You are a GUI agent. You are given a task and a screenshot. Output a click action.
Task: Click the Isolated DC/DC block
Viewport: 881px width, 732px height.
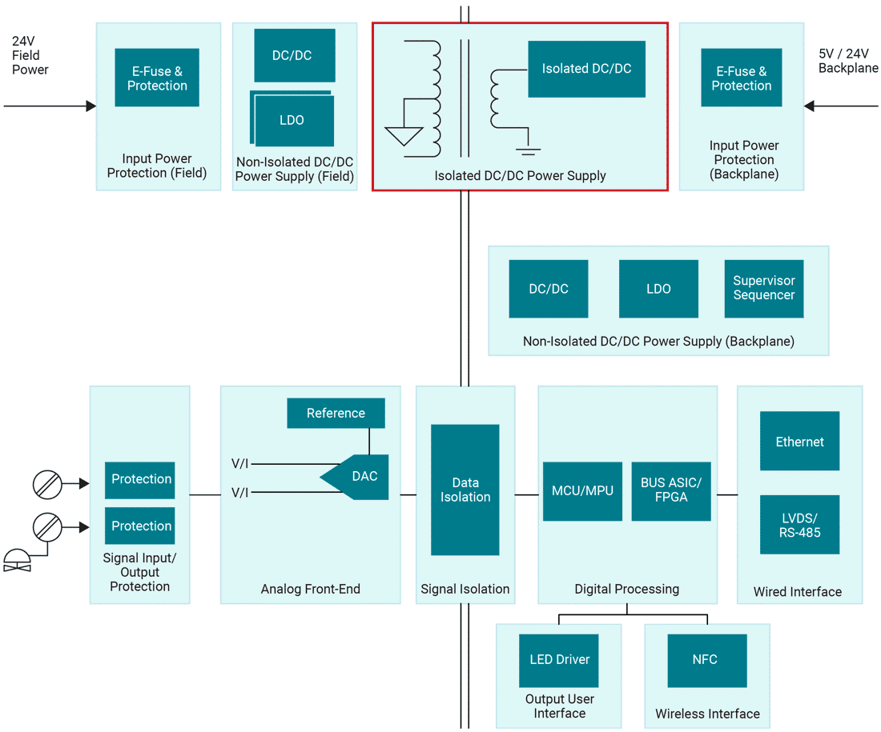pyautogui.click(x=586, y=70)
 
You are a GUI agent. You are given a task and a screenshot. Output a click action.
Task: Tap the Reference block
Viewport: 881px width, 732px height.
pyautogui.click(x=336, y=414)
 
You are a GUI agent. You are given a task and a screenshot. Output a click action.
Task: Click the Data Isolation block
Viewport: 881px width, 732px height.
pyautogui.click(x=465, y=490)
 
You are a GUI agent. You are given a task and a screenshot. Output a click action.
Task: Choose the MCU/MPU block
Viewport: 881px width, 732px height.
pyautogui.click(x=582, y=491)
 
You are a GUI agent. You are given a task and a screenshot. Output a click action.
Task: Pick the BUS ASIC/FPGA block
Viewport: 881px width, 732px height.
pyautogui.click(x=670, y=491)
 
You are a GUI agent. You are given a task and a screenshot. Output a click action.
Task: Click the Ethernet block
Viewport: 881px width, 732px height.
pyautogui.click(x=799, y=442)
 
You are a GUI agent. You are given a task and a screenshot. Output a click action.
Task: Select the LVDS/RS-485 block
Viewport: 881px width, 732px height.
pyautogui.click(x=799, y=525)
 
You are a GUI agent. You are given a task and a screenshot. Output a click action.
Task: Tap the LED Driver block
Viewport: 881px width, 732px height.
pyautogui.click(x=559, y=660)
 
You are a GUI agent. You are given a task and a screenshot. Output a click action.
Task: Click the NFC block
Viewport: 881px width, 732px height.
pyautogui.click(x=705, y=660)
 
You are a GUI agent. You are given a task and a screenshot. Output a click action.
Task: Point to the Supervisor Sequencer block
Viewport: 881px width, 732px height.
pyautogui.click(x=763, y=289)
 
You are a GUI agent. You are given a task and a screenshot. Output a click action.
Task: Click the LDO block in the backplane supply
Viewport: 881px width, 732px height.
pyautogui.click(x=658, y=289)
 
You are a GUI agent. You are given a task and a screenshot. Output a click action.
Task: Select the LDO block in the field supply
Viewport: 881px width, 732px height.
pyautogui.click(x=292, y=121)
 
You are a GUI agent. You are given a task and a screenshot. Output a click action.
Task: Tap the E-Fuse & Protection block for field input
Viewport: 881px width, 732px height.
pyautogui.click(x=157, y=78)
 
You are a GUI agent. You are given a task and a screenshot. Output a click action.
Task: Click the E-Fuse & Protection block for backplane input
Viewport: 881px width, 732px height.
pyautogui.click(x=741, y=78)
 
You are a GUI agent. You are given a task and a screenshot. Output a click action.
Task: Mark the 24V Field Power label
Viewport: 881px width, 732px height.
pyautogui.click(x=30, y=55)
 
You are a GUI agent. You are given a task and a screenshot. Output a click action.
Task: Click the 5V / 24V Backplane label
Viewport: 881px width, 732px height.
pyautogui.click(x=847, y=62)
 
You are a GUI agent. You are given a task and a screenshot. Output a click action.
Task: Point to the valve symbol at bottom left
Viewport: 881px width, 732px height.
pyautogui.click(x=16, y=560)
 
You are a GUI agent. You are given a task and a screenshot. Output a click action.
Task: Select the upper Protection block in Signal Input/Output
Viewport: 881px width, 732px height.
pyautogui.click(x=140, y=480)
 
